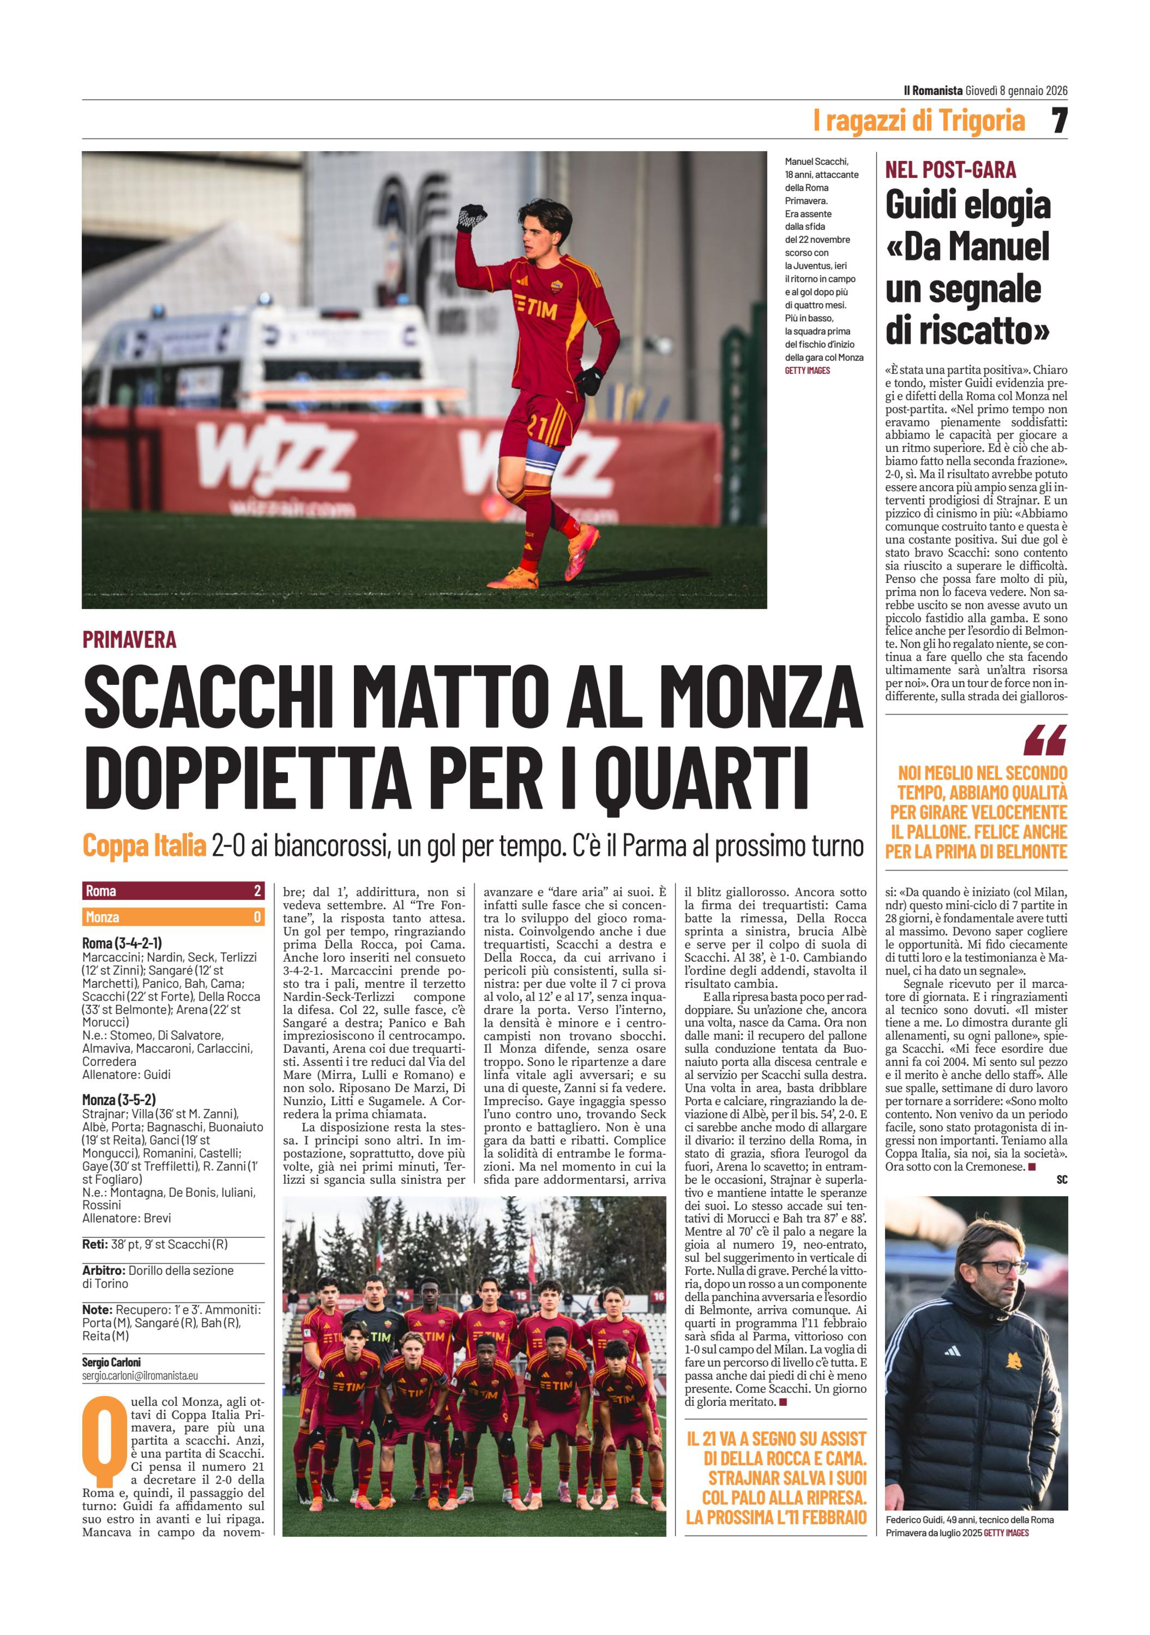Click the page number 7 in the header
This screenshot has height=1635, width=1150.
tap(1059, 121)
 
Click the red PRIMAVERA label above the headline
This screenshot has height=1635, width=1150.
tap(129, 640)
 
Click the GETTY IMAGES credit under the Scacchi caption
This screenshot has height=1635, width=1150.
tap(807, 370)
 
